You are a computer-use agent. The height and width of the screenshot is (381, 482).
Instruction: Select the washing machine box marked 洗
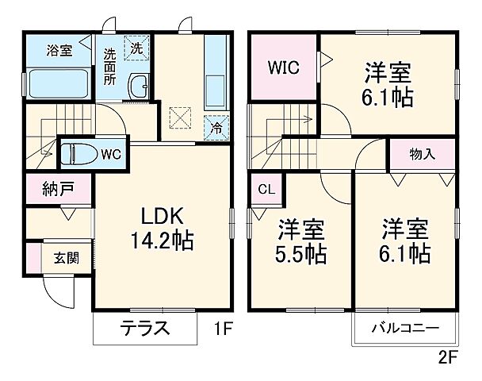(137, 48)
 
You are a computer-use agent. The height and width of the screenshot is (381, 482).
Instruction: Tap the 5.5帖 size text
(301, 254)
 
